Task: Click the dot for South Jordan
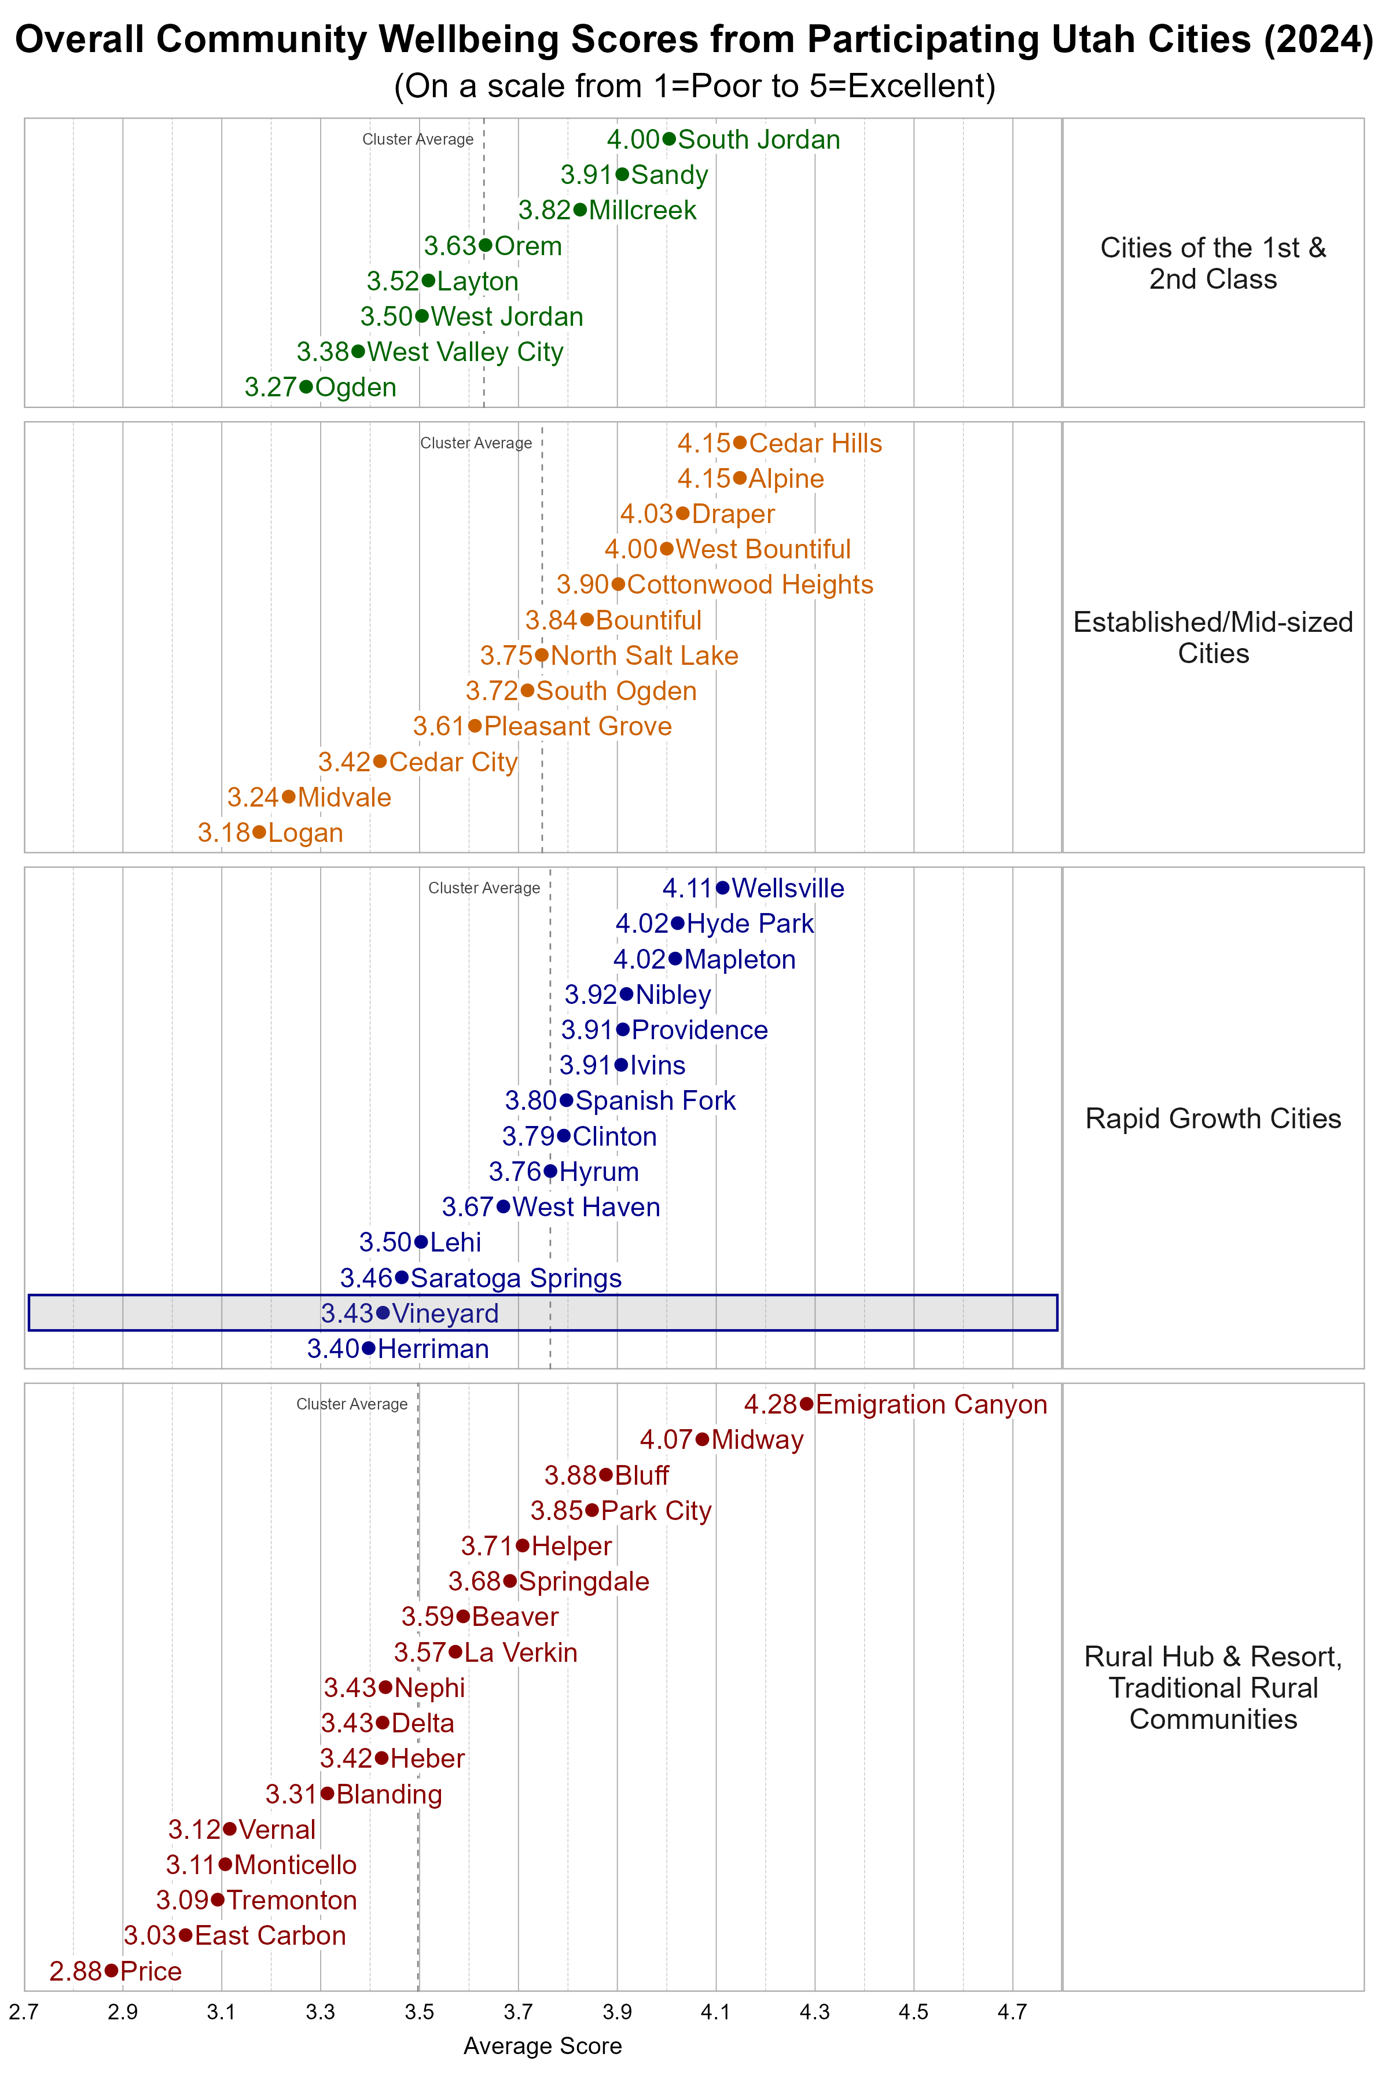coord(669,139)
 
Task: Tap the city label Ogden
coord(355,387)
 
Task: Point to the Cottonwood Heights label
coord(749,584)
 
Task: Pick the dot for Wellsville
coord(723,888)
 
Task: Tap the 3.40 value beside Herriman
coord(333,1348)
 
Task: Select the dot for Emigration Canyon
coord(806,1404)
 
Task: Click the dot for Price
coord(111,1971)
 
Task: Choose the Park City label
coord(656,1510)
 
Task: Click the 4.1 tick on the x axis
coord(716,2012)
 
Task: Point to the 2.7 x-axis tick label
coord(24,2012)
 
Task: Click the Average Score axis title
coord(542,2046)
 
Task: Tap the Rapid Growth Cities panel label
coord(1212,1118)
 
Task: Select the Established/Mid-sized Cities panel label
coord(1212,638)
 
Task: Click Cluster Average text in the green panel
coord(417,139)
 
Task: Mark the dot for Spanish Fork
coord(566,1100)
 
